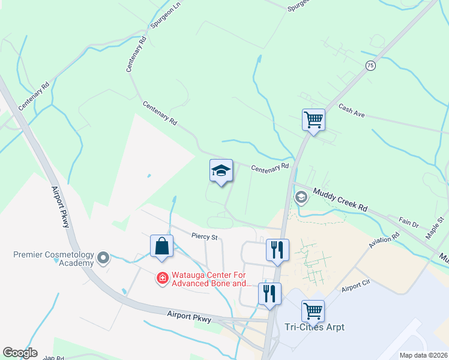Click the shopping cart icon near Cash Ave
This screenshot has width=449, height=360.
313,120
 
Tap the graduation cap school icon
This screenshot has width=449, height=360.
221,171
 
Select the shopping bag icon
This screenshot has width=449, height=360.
161,246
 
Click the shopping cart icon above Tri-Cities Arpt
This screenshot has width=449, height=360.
313,311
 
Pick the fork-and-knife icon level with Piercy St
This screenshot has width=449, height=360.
277,250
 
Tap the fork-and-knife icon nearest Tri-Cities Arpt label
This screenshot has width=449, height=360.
270,294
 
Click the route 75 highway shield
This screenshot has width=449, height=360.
370,65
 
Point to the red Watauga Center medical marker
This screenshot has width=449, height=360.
161,278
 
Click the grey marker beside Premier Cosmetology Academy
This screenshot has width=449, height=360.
103,259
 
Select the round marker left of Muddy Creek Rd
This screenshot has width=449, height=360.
301,197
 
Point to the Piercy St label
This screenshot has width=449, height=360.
203,236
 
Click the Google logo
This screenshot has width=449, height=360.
20,353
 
